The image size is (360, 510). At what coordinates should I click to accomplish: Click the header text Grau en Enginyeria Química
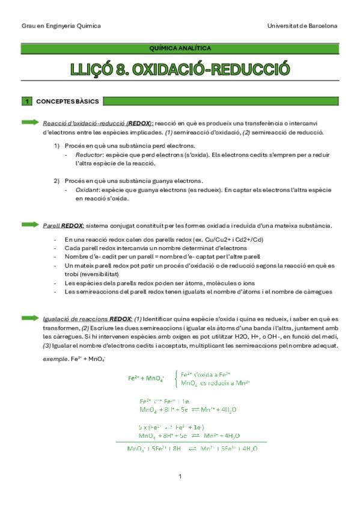coord(61,26)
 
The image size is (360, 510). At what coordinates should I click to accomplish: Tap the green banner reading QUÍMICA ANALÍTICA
coord(179,48)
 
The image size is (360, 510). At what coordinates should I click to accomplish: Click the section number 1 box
coord(26,101)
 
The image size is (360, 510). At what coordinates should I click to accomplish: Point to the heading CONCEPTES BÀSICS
coord(68,101)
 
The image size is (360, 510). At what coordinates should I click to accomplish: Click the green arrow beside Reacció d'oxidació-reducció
coord(31,121)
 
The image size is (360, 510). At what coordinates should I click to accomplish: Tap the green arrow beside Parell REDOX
coord(31,225)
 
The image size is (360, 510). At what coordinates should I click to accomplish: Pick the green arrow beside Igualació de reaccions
coord(31,318)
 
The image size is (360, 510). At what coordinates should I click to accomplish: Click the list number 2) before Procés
coord(56,180)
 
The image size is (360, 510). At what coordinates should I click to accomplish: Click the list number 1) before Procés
coord(56,146)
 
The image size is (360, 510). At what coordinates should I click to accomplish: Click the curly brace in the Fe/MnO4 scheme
coord(175,378)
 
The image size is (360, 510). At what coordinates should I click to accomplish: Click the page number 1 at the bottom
coord(180,476)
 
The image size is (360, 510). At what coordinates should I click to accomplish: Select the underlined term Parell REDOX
coord(64,226)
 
